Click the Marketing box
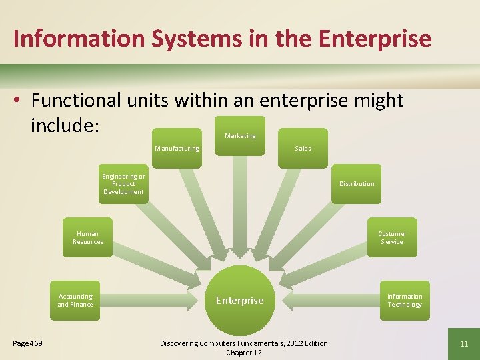pos(240,136)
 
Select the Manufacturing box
pos(177,148)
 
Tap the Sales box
pos(303,148)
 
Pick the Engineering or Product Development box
pos(123,184)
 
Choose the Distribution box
pos(357,184)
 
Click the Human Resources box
pos(88,237)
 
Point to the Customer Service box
pos(392,237)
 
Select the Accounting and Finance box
pos(75,300)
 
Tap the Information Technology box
pos(405,300)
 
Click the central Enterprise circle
pos(240,300)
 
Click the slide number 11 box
pos(464,343)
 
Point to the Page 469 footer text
pos(27,343)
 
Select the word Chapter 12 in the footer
pos(244,353)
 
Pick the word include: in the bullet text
pos(65,125)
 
